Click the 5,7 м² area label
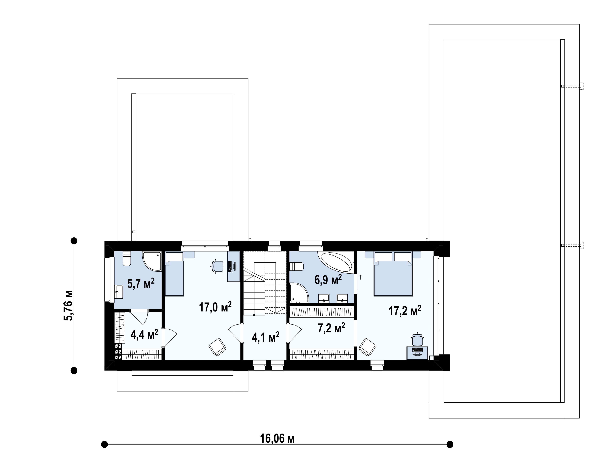coord(141,284)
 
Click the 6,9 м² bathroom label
coord(328,280)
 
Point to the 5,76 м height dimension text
coord(68,305)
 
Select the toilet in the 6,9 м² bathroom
coord(296,267)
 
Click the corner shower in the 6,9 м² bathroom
coord(299,293)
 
